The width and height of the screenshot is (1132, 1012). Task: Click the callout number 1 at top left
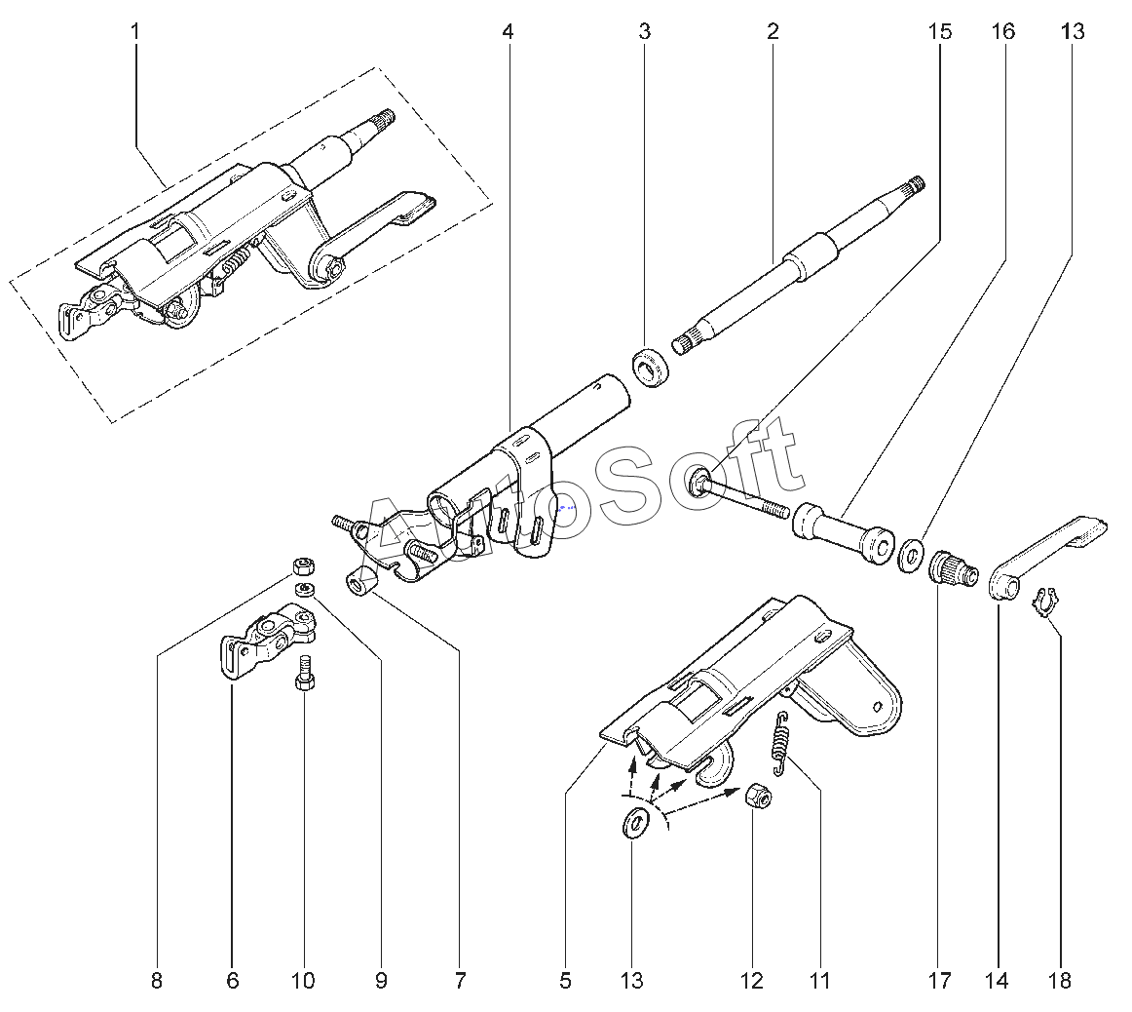tap(135, 32)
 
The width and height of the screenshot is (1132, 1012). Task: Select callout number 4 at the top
tap(509, 32)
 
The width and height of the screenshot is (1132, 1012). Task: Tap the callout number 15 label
tap(940, 32)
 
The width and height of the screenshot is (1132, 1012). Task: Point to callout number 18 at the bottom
tap(1060, 980)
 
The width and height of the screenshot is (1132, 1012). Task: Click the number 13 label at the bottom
tap(631, 980)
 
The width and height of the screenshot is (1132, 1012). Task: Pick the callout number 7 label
tap(460, 980)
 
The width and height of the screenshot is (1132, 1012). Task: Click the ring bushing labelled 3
tap(651, 367)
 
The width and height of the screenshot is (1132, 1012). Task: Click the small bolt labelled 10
tap(304, 673)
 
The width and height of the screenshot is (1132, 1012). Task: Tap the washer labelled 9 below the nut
tap(306, 590)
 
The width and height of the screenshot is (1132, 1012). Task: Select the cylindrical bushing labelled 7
tap(363, 582)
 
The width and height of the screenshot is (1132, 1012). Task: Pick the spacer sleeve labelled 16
tap(845, 532)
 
